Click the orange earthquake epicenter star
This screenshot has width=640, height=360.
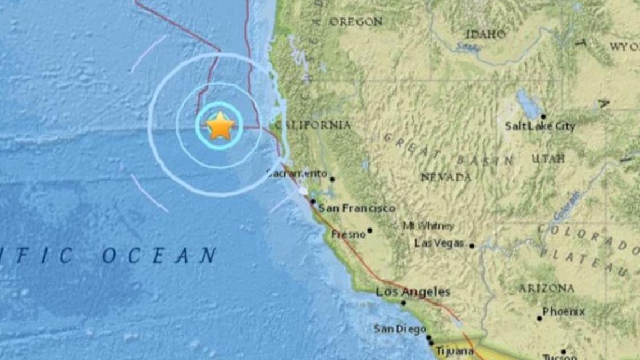tap(220, 126)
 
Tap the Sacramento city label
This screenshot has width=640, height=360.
tap(297, 174)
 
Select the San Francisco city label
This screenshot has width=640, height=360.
tap(356, 208)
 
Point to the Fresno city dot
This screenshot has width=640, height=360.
tap(369, 230)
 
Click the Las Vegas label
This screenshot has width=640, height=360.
tap(439, 243)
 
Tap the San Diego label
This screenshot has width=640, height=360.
tap(400, 329)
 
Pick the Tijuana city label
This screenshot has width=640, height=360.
tap(454, 350)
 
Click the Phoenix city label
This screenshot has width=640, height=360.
tap(564, 311)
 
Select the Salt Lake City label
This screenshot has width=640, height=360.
tap(540, 126)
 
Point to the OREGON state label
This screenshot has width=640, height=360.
tap(356, 22)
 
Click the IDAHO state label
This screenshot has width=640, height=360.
tap(485, 34)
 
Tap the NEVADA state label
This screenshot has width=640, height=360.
tap(446, 177)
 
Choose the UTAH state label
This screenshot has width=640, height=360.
tap(548, 159)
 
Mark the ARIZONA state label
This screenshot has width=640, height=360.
tap(545, 288)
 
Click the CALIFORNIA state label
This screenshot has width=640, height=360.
tap(314, 125)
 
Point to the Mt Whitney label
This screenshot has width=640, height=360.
tap(428, 226)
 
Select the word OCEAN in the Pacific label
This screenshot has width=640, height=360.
tap(159, 256)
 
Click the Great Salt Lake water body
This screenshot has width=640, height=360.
tap(527, 102)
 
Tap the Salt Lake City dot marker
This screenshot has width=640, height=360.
tap(543, 116)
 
